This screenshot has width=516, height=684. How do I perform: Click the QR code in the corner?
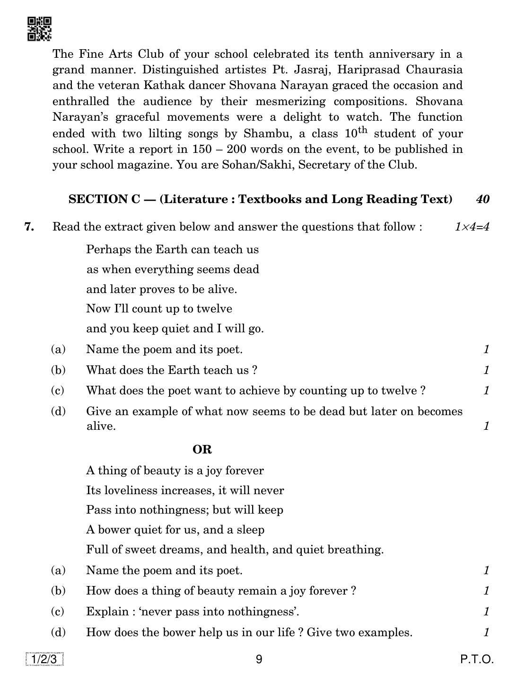39,29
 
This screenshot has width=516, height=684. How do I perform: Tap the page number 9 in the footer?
259,659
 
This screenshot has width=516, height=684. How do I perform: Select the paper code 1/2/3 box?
44,659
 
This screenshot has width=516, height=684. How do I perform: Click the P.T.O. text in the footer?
477,659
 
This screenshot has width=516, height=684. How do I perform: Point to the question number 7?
29,227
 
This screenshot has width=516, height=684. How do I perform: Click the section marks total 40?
482,199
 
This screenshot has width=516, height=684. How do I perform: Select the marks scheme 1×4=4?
472,227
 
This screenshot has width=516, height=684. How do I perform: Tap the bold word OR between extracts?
202,449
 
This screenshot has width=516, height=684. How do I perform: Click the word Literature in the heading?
195,199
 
